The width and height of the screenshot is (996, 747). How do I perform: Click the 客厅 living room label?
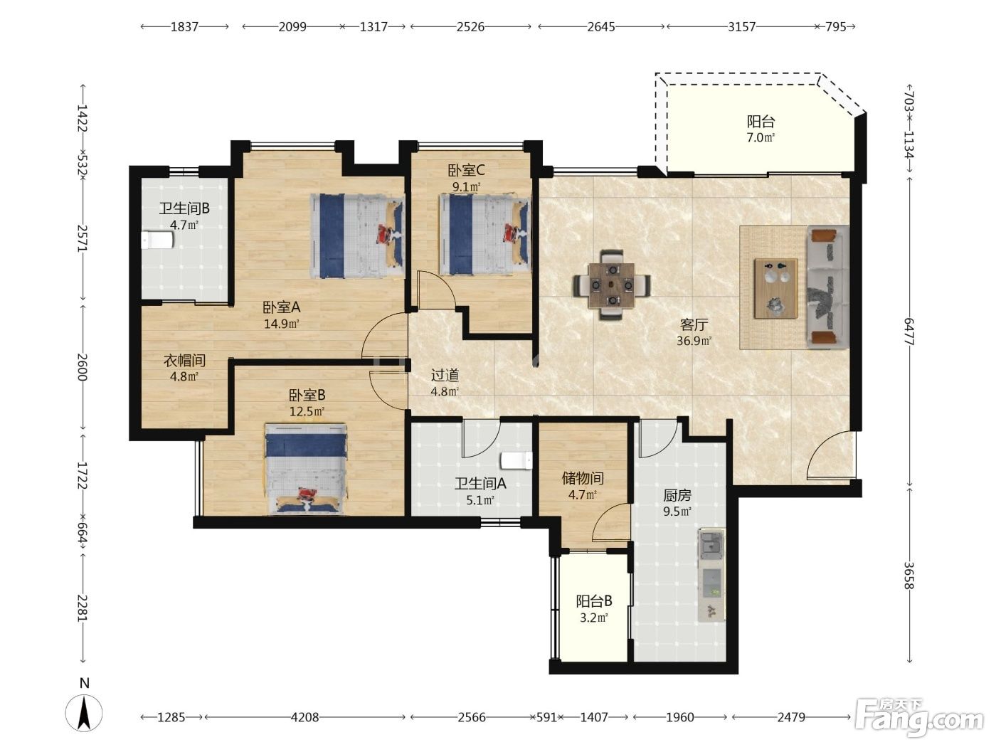click(x=694, y=324)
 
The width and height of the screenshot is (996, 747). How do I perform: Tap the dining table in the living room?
click(x=612, y=285)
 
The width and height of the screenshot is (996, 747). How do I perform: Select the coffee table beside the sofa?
click(x=776, y=288)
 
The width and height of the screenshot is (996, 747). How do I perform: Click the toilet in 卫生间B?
click(x=157, y=240)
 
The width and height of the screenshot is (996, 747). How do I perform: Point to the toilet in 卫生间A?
click(x=516, y=461)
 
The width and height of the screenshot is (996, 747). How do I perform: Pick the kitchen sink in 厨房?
click(x=711, y=546)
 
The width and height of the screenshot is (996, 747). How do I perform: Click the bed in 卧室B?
click(x=306, y=469)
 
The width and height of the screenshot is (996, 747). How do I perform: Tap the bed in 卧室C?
click(x=485, y=234)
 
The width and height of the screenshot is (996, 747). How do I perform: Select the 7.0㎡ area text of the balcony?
click(x=761, y=137)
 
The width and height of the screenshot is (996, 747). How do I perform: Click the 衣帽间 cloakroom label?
click(x=184, y=361)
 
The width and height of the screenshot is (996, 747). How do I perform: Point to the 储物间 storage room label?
click(x=583, y=478)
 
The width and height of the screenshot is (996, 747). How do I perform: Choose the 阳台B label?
click(x=594, y=601)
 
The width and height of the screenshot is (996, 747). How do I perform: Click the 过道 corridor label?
click(x=445, y=376)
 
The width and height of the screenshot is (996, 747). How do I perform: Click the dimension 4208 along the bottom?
click(x=304, y=717)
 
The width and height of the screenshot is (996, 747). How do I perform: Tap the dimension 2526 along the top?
click(x=470, y=27)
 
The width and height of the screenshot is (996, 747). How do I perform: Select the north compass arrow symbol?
click(x=84, y=713)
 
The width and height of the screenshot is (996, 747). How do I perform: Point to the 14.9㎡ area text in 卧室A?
click(x=281, y=324)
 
